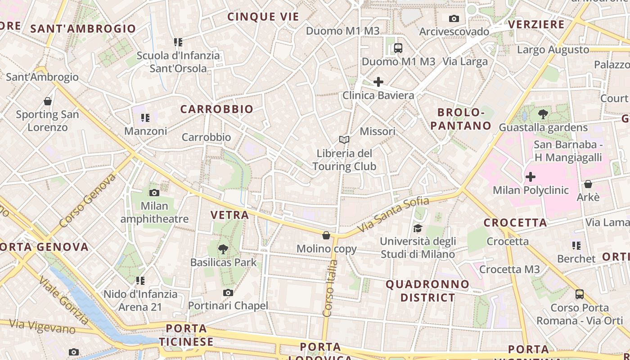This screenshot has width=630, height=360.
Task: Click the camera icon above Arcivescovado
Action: tap(454, 18)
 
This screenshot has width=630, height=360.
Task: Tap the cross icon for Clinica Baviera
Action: tap(378, 82)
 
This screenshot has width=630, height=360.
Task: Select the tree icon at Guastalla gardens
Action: tap(543, 114)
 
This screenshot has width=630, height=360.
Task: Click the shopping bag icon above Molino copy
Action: tap(326, 235)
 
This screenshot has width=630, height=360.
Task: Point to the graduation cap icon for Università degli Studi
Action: tap(418, 228)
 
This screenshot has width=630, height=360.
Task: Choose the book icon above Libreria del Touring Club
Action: tap(344, 140)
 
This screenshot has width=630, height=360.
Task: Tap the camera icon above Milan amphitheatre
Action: tap(154, 193)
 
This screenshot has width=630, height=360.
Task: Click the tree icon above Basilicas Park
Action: tap(223, 249)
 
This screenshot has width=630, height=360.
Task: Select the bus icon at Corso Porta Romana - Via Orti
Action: tap(580, 294)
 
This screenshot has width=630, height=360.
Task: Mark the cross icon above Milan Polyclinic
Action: tap(531, 177)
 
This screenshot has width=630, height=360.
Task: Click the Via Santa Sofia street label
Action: tap(393, 215)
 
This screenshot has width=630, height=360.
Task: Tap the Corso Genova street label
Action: tap(87, 200)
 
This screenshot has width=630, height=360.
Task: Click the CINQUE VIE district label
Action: tap(263, 17)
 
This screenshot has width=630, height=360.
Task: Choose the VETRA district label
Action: tap(230, 215)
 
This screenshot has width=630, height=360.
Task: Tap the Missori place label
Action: tap(378, 131)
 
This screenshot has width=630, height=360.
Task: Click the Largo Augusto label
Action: tap(553, 49)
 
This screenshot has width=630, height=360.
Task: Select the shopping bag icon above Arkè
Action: tap(588, 184)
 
